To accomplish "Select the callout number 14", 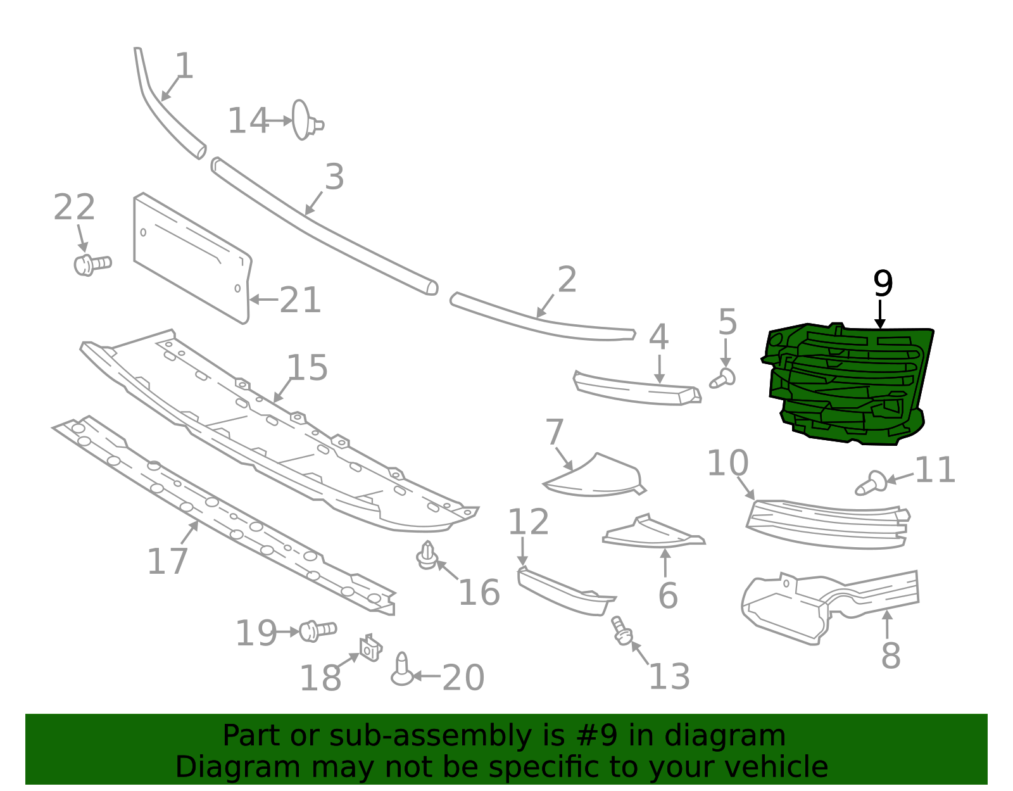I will [248, 120].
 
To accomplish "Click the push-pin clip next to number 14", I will [305, 120].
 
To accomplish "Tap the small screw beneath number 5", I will [723, 379].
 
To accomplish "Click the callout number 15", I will [307, 367].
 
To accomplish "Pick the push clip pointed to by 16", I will [427, 555].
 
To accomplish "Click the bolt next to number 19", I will [317, 630].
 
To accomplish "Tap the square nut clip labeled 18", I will [370, 648].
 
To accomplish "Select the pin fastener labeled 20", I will [402, 670].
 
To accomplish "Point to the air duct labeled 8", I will [823, 605].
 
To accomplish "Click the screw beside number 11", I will [871, 483].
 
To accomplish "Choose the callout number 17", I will [167, 561].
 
